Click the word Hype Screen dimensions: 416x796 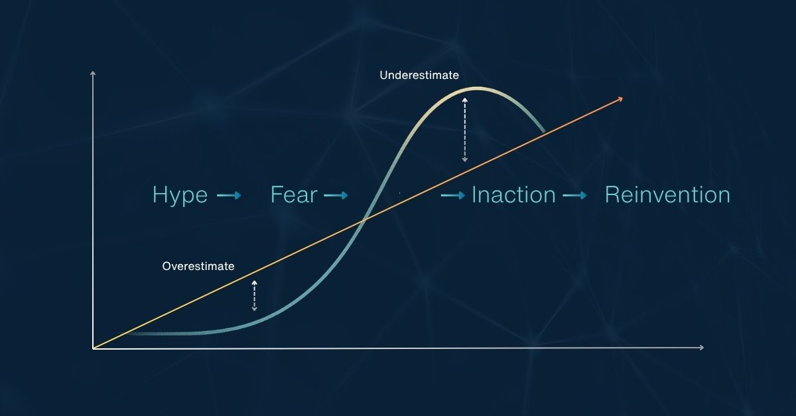coord(180,196)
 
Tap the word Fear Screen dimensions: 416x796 coord(294,195)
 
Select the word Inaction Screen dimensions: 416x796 coord(513,195)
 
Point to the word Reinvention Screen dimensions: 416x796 coord(667,195)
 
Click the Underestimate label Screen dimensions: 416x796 coord(419,76)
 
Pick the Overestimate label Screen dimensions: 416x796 coord(198,266)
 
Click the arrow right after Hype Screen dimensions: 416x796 coord(229,196)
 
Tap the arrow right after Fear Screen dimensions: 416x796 coord(336,196)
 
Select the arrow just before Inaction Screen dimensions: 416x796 coord(453,196)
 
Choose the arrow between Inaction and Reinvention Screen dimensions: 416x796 coord(574,196)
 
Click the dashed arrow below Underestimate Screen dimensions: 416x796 coord(464,129)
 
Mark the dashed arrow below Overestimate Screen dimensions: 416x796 coord(254,295)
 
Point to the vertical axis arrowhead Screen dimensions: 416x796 coord(93,73)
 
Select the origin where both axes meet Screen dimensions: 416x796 coord(94,348)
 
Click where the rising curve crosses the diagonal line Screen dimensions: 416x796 coord(363,221)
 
